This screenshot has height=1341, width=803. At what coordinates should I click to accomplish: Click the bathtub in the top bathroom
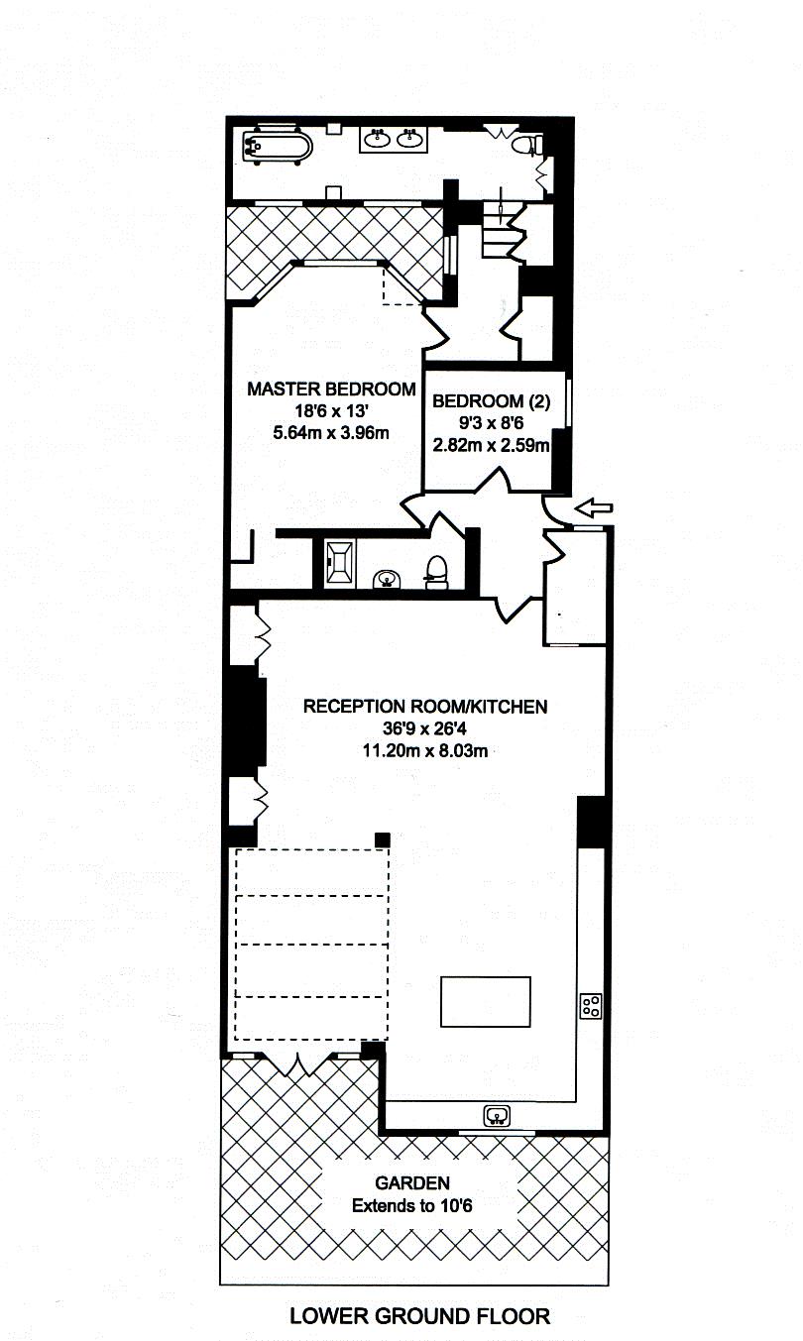click(277, 147)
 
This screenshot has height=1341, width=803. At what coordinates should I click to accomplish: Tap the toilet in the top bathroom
click(524, 146)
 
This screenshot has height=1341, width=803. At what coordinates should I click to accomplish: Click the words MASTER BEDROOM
click(331, 390)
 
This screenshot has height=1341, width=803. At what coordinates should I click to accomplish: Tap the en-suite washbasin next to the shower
click(385, 579)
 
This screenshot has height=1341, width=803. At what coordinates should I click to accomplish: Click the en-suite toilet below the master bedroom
click(436, 571)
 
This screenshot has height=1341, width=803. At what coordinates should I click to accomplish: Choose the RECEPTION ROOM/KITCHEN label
click(425, 707)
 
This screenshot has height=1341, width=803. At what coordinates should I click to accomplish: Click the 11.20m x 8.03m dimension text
click(425, 750)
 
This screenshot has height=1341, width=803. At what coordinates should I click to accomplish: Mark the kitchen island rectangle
click(485, 1002)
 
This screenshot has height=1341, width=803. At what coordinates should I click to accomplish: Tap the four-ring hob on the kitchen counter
click(591, 1006)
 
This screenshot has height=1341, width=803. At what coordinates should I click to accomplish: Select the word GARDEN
click(412, 1182)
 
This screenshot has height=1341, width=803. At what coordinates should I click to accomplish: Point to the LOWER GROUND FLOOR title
click(419, 1316)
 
